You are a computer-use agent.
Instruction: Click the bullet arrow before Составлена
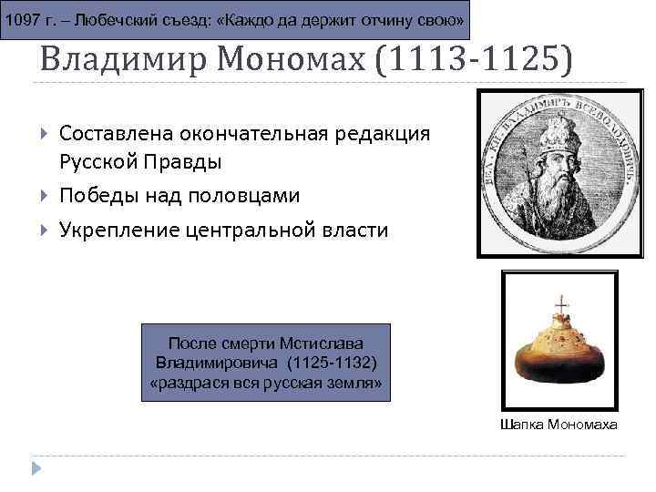[x=45, y=134]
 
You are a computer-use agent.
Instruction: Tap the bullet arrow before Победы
[x=45, y=196]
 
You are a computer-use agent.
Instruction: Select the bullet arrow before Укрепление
[x=45, y=231]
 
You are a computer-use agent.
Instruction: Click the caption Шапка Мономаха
[x=559, y=425]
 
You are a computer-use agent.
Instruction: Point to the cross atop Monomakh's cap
[x=560, y=303]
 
